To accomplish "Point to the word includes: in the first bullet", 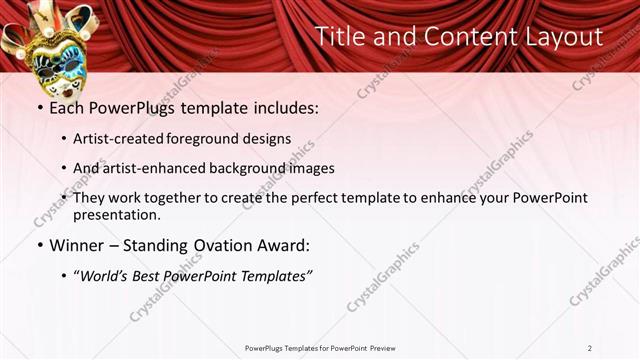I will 282,108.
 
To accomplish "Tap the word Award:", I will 281,245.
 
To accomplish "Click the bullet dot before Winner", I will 39,245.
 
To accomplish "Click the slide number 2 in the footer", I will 589,348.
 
